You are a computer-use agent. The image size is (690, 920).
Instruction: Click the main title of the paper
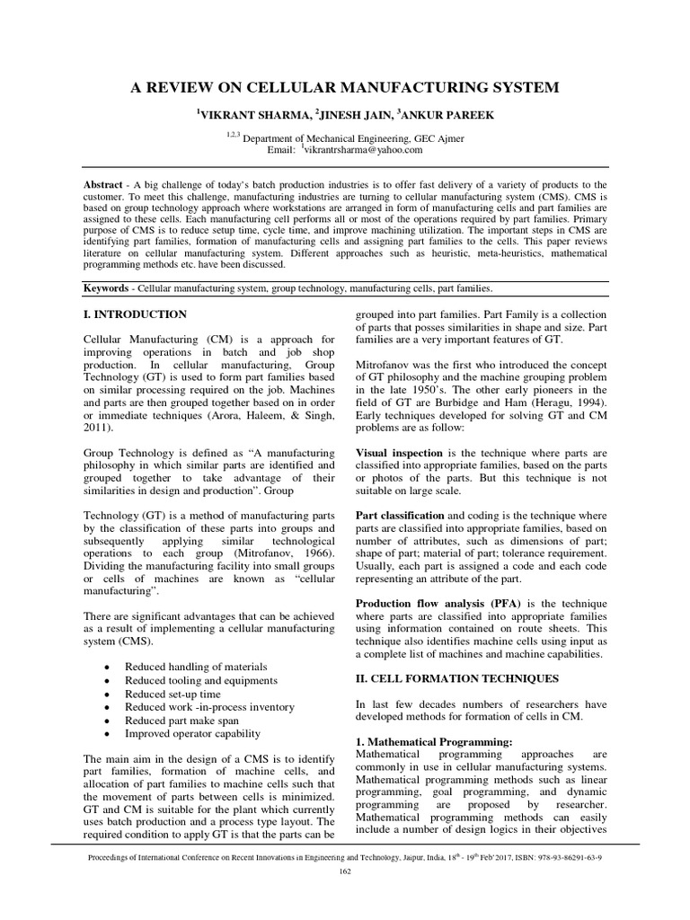[x=346, y=87]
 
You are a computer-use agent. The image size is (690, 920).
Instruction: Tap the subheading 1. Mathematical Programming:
[x=434, y=741]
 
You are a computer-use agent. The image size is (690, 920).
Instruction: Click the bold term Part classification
[x=401, y=516]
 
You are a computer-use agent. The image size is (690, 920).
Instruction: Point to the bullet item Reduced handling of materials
[x=196, y=667]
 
